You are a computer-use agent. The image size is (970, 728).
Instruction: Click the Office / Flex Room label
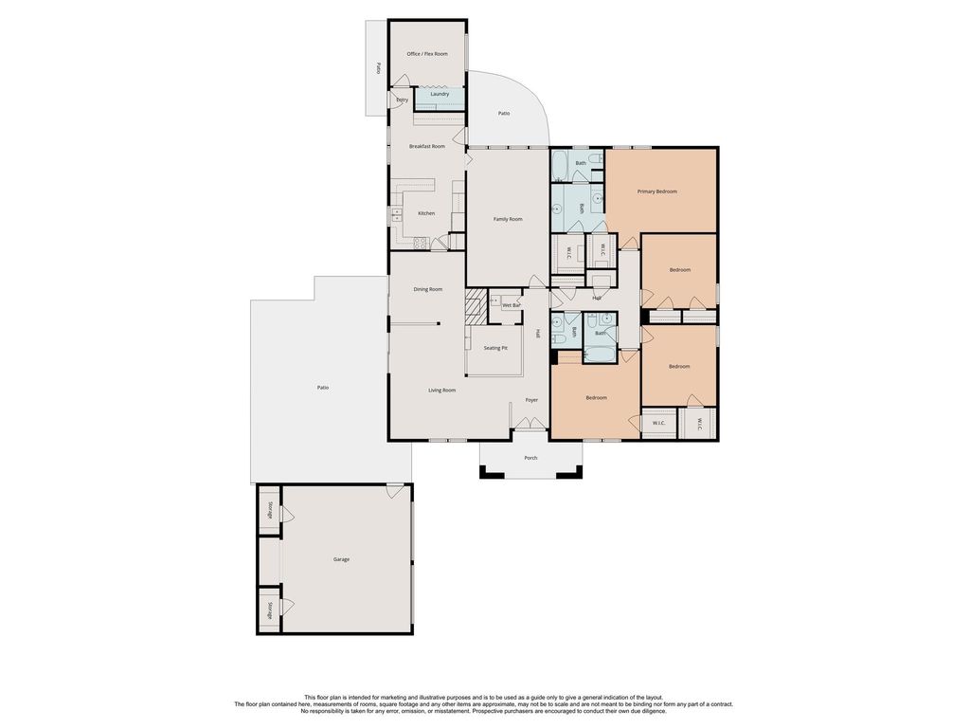(427, 54)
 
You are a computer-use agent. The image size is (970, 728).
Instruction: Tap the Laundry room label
(440, 94)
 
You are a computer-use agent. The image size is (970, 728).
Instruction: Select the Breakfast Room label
(427, 147)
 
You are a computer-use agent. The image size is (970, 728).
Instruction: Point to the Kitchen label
(426, 213)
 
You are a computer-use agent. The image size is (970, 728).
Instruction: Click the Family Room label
(508, 219)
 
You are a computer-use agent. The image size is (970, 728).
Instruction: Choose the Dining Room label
(427, 289)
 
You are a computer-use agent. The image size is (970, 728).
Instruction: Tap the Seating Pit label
(495, 349)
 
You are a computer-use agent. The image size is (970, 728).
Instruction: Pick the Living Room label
(441, 391)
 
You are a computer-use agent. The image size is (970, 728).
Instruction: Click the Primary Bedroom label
(657, 191)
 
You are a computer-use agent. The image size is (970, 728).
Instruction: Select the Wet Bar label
(511, 306)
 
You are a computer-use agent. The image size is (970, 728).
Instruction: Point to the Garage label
(341, 559)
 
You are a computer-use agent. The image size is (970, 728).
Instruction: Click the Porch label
(530, 458)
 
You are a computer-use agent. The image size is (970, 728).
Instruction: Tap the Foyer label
(531, 401)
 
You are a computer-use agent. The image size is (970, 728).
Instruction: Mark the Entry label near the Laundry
(402, 100)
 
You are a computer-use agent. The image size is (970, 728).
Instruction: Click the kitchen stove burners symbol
(420, 243)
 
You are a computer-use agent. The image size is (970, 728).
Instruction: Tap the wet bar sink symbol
(494, 301)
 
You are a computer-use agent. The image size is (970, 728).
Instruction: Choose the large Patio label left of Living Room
(322, 388)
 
